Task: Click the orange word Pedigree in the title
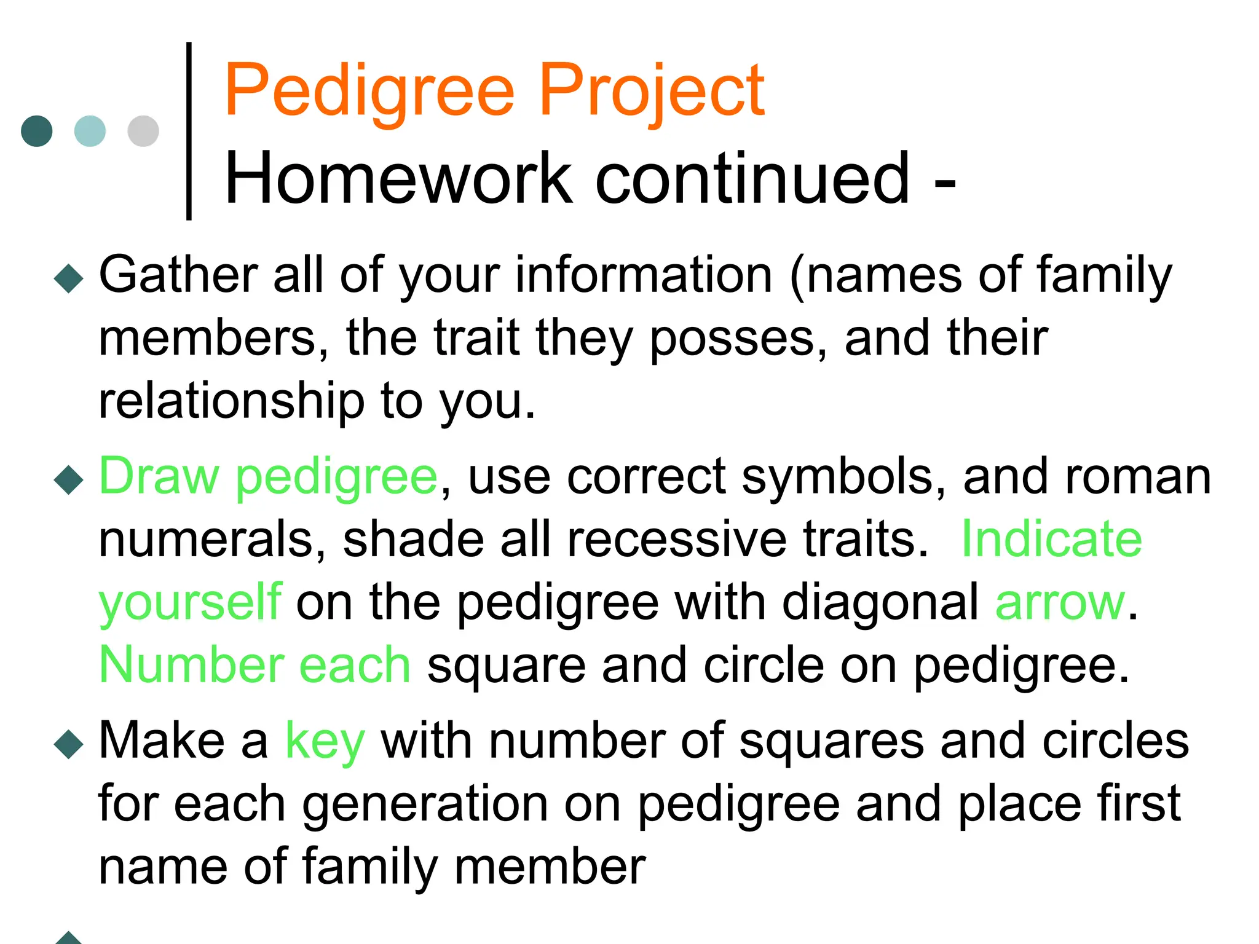tap(369, 91)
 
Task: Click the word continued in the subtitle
tap(752, 178)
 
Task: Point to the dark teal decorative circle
tap(37, 131)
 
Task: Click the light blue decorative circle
tap(90, 131)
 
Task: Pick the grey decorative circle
tap(143, 131)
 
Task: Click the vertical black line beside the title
tap(189, 131)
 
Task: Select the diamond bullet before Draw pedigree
tap(68, 479)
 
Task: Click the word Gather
tap(178, 275)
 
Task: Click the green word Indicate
tap(1051, 539)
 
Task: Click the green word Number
tap(191, 665)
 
